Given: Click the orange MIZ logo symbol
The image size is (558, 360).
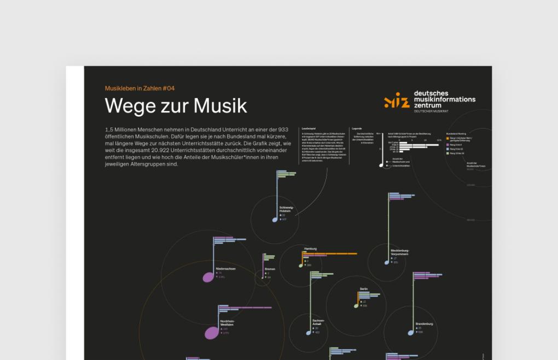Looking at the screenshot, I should click(397, 100).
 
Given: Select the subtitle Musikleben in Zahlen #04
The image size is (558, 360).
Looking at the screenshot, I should click(139, 88).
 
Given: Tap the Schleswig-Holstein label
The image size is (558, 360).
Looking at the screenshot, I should click(286, 209).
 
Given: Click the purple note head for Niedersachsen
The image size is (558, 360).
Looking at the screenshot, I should click(208, 277).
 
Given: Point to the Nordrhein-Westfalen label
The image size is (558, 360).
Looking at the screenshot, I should click(227, 323).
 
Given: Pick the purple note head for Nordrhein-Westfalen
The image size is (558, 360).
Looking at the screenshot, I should click(211, 333).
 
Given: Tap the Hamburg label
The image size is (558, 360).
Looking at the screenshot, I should click(310, 249).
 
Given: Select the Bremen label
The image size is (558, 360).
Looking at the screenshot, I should click(270, 269).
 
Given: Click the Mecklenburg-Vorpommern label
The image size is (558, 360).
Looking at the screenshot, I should click(399, 252).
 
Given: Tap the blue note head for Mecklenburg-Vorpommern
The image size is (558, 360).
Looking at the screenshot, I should click(387, 263).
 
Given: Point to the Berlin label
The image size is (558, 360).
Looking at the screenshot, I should click(364, 288).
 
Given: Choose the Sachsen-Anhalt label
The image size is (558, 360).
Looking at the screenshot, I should click(318, 322).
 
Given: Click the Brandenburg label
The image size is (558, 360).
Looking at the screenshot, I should click(424, 323).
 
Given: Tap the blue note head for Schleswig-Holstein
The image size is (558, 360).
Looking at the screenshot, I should click(275, 220).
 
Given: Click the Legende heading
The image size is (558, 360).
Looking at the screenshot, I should click(357, 128).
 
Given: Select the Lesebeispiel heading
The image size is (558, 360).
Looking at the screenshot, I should click(309, 128).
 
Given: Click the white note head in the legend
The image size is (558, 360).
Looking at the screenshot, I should click(381, 165).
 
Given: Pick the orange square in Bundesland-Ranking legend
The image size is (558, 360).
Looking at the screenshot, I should click(447, 138).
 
